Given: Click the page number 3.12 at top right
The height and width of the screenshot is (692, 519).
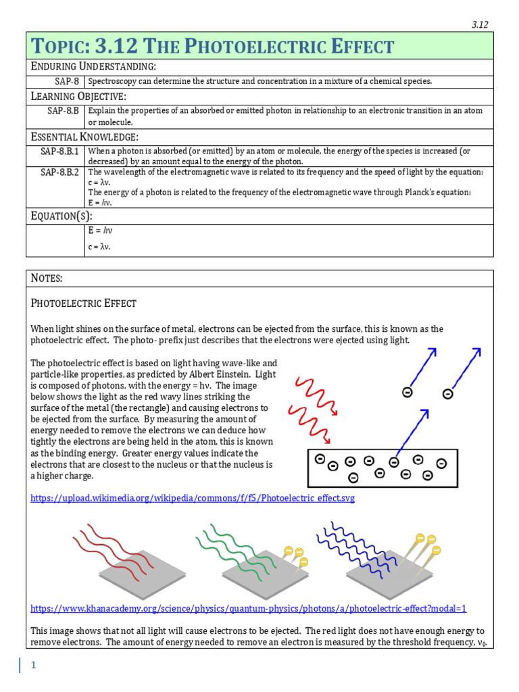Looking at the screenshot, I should click(479, 24).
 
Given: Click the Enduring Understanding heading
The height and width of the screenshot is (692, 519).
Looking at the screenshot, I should click(94, 66).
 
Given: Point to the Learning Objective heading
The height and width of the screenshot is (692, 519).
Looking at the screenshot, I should click(79, 96).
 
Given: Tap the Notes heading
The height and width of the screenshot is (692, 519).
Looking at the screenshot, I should click(47, 278).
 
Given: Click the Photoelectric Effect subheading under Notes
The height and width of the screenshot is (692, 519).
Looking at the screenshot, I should click(84, 303).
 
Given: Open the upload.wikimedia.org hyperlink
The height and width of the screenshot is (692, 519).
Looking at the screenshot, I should click(193, 498).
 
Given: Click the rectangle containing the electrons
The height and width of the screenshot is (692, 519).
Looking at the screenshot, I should click(382, 468).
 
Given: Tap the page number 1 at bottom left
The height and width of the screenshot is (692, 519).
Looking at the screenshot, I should click(32, 665).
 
